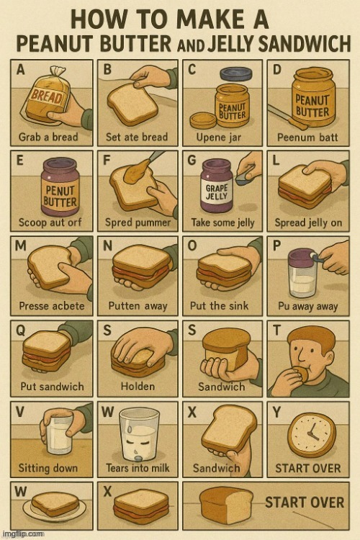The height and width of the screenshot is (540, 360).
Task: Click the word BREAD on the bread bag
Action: coord(46,96)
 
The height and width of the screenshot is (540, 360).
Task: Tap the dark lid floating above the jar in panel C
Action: coord(236,73)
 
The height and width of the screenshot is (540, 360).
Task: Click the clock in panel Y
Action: coord(312,435)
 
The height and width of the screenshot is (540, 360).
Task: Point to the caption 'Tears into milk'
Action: coord(138,468)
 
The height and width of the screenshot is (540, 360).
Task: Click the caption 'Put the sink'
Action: coord(219,305)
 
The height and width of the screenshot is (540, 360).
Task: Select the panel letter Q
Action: coord(20,330)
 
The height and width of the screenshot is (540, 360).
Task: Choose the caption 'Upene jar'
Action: coord(219,138)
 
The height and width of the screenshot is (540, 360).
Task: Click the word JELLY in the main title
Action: coord(231,44)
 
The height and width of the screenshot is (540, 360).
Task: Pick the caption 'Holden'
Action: coord(138,387)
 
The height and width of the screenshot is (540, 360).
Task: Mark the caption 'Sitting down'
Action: coord(48,468)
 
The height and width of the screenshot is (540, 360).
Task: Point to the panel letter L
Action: coord(276,161)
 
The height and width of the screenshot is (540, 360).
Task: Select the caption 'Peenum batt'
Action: coord(307,138)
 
